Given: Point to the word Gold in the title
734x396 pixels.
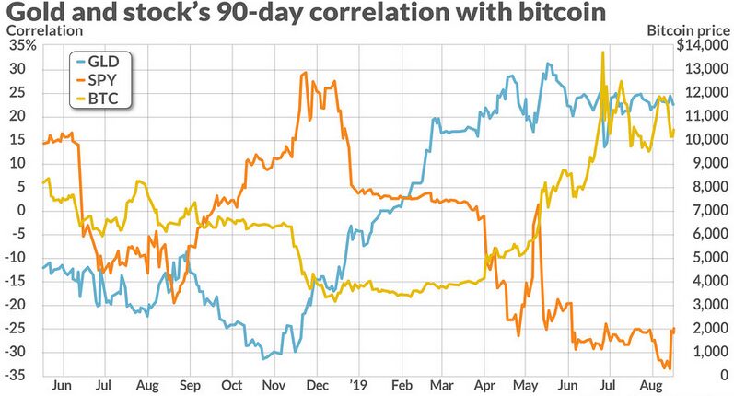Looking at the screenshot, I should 33,14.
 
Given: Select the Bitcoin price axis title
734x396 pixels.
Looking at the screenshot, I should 687,31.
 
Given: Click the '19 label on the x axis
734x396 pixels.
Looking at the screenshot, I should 355,387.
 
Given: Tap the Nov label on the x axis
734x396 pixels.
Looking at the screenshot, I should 274,387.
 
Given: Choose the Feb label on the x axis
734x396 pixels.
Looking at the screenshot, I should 402,387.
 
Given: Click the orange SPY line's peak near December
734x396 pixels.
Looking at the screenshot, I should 304,73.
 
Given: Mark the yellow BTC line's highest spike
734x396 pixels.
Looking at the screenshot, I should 602,52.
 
